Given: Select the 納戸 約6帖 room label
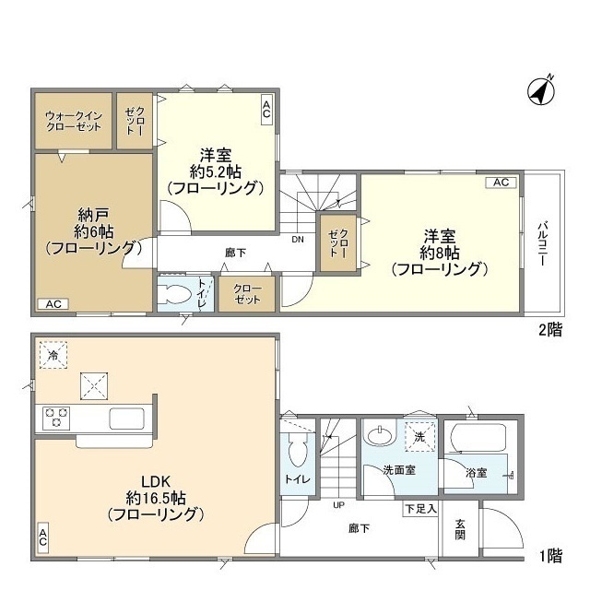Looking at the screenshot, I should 92,230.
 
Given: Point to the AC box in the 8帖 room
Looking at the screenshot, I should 501,183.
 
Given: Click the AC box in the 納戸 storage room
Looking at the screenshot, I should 53,303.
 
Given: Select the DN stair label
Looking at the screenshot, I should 297,240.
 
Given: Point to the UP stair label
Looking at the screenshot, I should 339,505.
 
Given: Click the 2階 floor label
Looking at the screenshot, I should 549,327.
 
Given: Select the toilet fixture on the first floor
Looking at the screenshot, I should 297,452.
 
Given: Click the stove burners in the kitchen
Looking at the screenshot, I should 53,418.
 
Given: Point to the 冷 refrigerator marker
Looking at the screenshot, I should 53,355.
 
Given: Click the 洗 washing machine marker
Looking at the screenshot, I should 419,436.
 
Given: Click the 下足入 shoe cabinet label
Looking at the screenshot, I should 420,508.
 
